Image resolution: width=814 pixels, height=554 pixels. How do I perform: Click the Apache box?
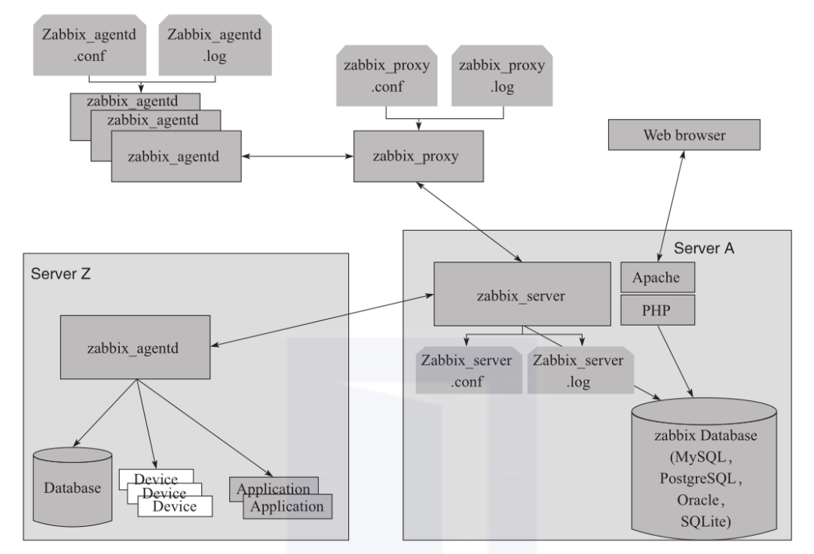656,277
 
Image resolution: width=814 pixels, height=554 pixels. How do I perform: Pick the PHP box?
656,310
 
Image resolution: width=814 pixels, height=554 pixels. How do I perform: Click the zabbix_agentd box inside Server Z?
136,347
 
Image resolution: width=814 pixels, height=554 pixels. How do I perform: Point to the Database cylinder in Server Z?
72,487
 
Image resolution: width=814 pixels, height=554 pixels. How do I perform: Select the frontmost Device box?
176,507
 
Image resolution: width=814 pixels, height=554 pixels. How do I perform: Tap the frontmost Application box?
288,507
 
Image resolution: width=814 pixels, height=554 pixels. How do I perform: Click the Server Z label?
62,272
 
